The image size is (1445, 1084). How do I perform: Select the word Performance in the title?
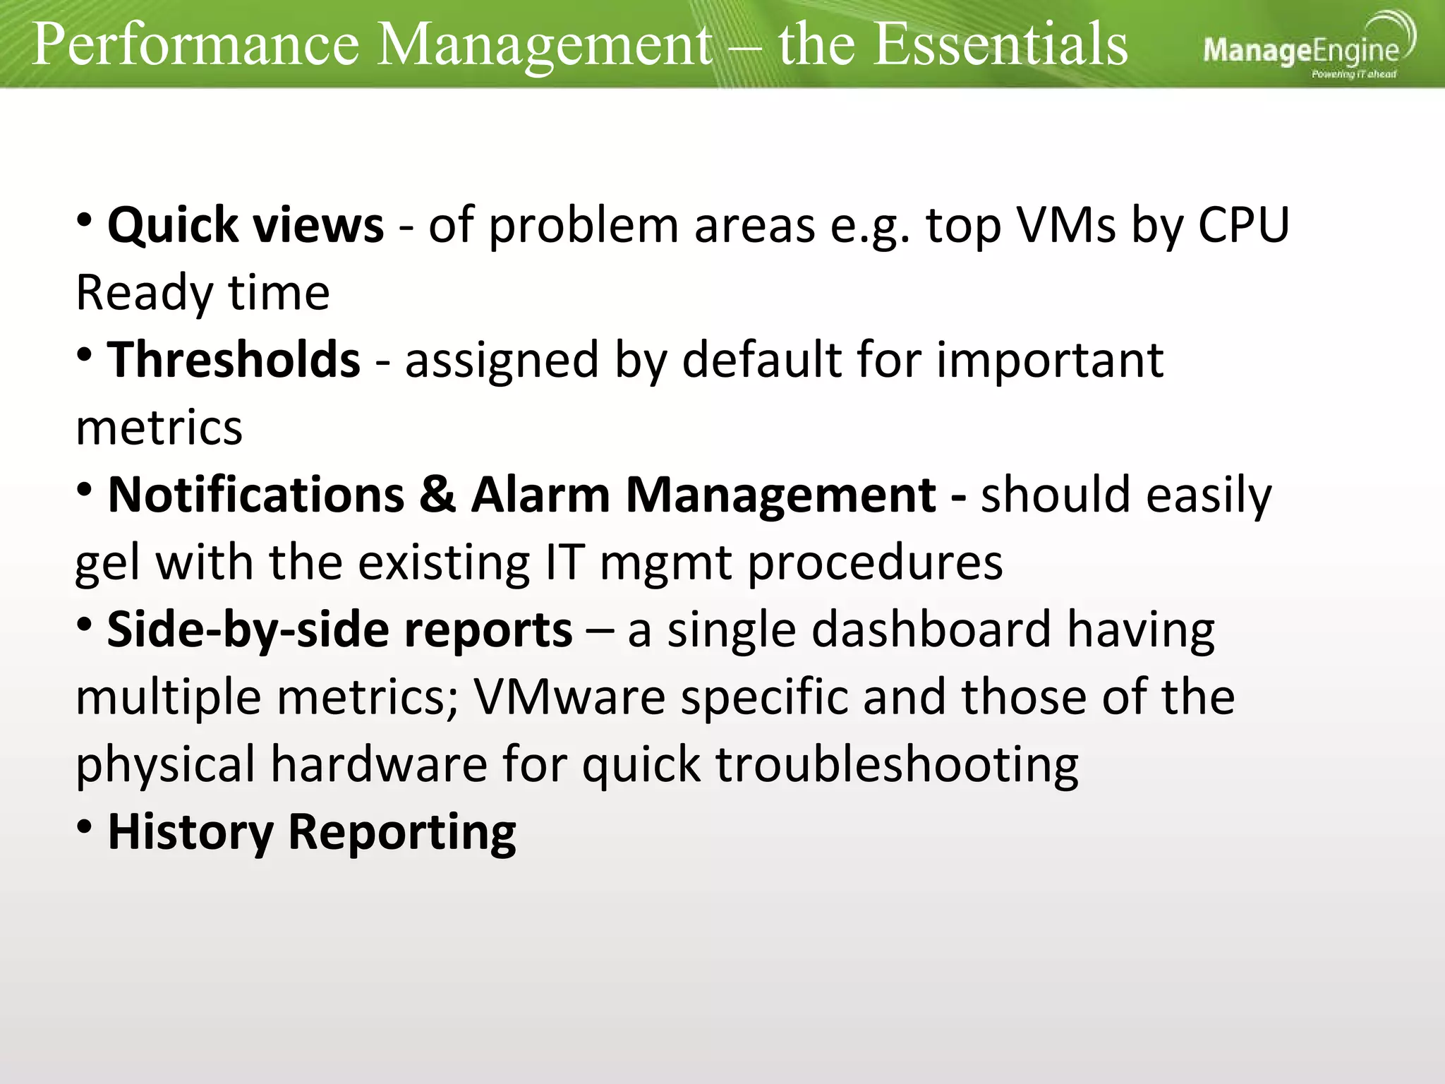click(x=195, y=44)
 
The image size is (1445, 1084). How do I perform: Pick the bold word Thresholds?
click(x=234, y=361)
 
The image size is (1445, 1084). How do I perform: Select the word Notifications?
click(x=255, y=495)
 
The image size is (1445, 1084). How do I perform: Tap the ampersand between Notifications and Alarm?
click(x=437, y=495)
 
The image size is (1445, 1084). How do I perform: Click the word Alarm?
click(x=540, y=495)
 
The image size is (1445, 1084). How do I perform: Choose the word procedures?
click(x=874, y=563)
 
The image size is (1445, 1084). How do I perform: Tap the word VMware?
click(x=569, y=697)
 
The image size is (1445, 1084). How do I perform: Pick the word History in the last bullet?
click(x=190, y=833)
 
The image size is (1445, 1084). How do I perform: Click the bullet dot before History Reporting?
click(x=85, y=826)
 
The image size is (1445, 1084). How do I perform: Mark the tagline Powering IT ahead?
click(x=1353, y=74)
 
